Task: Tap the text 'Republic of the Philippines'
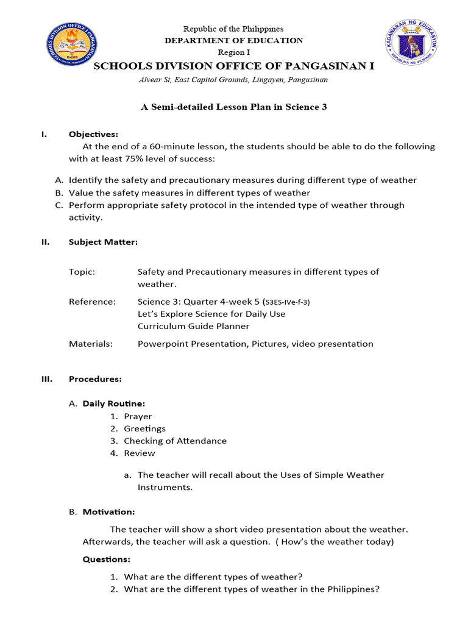click(235, 29)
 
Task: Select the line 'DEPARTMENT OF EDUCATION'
click(234, 40)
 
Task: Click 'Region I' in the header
click(234, 52)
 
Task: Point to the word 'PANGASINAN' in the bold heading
click(332, 66)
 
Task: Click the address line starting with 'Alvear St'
click(234, 79)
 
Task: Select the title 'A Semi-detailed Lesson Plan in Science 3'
click(234, 107)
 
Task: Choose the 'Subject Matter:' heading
click(103, 242)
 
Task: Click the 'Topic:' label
click(82, 272)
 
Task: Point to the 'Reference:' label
click(92, 302)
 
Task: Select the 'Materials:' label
click(91, 344)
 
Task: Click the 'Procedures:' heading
click(95, 379)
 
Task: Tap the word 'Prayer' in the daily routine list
click(138, 416)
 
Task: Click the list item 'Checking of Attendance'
click(175, 441)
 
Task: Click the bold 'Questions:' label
click(106, 559)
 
